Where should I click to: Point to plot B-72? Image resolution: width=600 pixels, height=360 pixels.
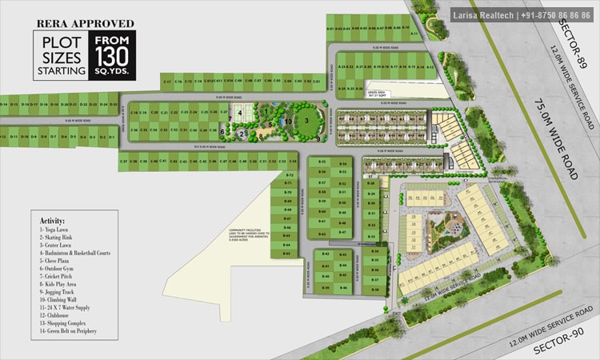pyautogui.click(x=290, y=174)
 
